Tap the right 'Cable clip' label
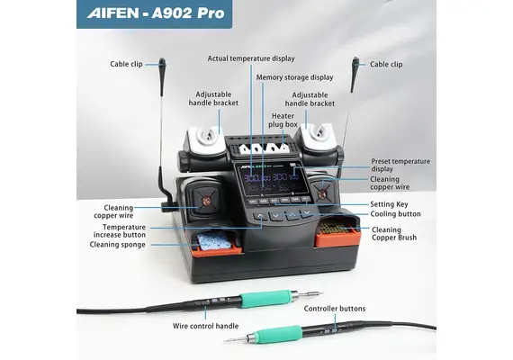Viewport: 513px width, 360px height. (x=386, y=64)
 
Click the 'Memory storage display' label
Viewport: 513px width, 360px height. (x=294, y=77)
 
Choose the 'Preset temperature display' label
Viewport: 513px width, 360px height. (x=400, y=165)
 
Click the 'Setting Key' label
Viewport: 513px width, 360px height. (x=390, y=204)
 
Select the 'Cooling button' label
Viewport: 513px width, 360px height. (x=396, y=214)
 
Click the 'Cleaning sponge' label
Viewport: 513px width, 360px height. (x=116, y=244)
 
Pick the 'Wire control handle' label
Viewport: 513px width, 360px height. (x=206, y=325)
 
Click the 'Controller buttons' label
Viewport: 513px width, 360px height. (x=335, y=309)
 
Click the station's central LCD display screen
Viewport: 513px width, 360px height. (x=274, y=181)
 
